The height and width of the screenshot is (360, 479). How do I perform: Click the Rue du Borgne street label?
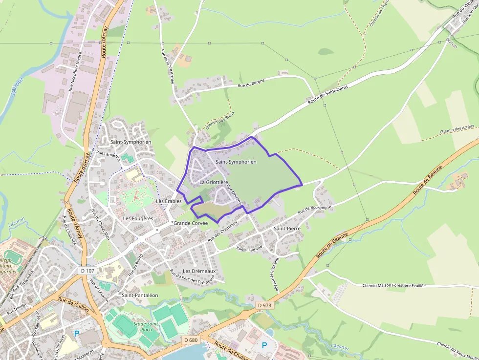(251, 84)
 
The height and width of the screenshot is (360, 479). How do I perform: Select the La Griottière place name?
(214, 182)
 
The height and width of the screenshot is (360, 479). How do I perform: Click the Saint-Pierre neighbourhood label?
(287, 228)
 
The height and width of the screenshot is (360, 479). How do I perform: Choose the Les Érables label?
(169, 201)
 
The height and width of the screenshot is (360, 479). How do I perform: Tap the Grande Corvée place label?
(191, 223)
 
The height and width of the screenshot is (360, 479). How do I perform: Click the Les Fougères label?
(138, 218)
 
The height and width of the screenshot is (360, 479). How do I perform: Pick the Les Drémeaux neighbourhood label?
(199, 271)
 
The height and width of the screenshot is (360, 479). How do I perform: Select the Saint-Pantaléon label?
(140, 295)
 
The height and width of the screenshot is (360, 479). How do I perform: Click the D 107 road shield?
(86, 270)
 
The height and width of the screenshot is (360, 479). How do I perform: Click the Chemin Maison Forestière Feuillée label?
(394, 286)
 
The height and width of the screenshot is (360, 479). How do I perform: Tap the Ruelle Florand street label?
(249, 248)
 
